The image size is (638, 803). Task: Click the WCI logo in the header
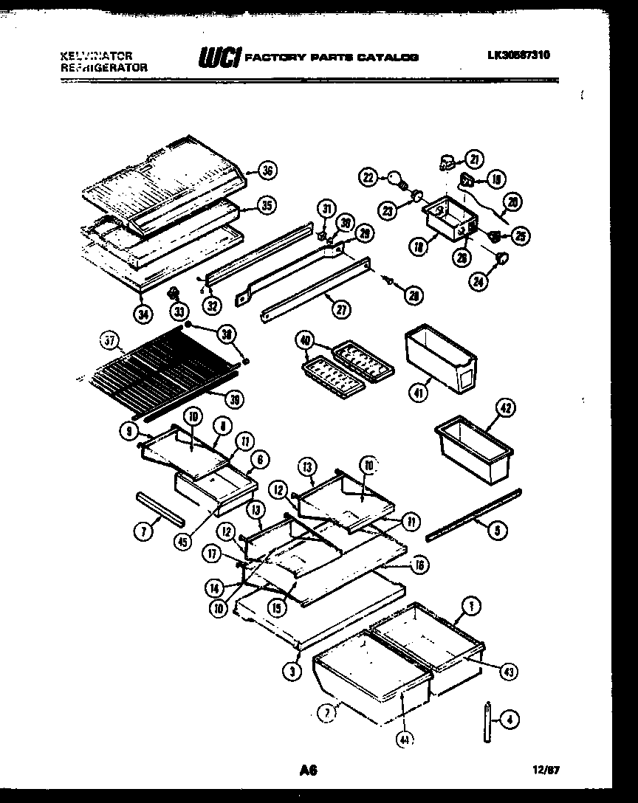point(219,58)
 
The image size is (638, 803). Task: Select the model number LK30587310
point(518,55)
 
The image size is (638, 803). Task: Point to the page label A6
point(307,771)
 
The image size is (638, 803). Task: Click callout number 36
point(267,170)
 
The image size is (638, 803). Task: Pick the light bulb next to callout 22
point(396,177)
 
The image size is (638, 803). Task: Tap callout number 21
point(473,159)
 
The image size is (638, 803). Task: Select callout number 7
point(145,529)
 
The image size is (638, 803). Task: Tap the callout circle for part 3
point(293,671)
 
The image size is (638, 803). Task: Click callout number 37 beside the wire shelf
point(109,340)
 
